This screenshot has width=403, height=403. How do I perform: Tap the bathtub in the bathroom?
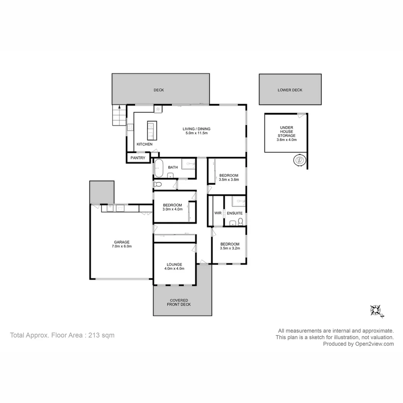coord(159,169)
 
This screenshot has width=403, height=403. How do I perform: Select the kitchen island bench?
coord(152,130)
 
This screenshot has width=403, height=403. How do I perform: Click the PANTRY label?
coord(138,158)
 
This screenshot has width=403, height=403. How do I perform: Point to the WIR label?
coord(218,213)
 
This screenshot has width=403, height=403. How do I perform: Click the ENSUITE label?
coord(235,213)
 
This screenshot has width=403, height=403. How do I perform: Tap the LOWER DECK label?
coord(290,90)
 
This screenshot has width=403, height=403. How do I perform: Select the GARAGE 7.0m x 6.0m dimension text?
coord(122,246)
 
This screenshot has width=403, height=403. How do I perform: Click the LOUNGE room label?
coord(174,264)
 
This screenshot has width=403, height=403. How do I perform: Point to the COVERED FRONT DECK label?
coord(179,302)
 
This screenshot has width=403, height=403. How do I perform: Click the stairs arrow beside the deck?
coord(119,107)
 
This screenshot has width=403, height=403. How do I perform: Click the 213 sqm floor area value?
coord(101,335)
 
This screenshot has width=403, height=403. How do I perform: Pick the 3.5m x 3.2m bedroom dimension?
coord(230,248)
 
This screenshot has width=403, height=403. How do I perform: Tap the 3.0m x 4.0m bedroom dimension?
coord(172,209)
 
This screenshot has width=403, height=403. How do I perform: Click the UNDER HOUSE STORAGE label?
coord(287,131)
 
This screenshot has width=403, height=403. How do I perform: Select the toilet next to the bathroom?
coord(157,184)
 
